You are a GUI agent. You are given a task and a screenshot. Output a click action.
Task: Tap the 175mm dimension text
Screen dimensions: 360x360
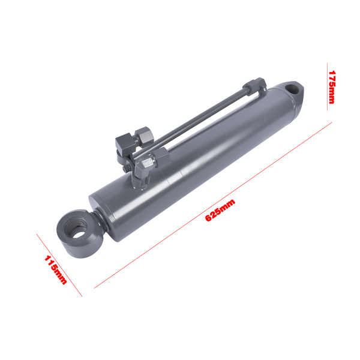(x=332, y=87)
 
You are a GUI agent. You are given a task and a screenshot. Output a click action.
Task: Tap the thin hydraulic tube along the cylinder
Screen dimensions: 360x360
(x=198, y=120)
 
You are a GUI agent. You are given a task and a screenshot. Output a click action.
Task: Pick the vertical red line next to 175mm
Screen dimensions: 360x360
(x=326, y=85)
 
